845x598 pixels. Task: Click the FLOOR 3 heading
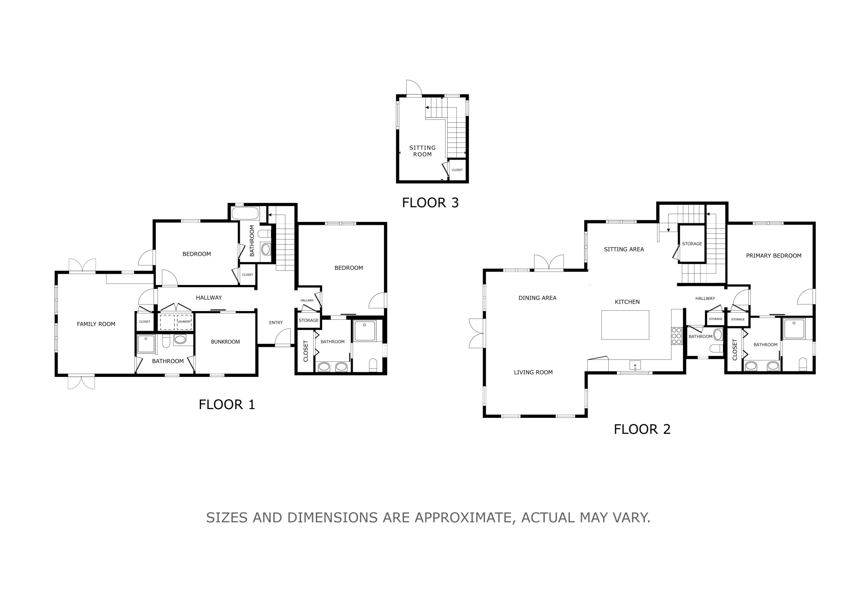430,203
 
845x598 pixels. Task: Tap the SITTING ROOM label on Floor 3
422,151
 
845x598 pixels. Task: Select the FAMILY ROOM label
96,324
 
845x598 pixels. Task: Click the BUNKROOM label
225,341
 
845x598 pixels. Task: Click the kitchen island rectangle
625,325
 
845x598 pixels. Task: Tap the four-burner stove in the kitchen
677,336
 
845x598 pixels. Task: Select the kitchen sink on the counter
635,365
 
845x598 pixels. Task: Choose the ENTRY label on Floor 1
276,322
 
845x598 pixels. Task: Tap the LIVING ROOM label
533,372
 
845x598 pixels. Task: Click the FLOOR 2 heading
642,429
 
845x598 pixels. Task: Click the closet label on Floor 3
457,170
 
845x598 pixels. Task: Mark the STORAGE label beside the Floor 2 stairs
692,244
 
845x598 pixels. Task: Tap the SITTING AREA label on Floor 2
624,249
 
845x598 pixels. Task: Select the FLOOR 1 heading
227,404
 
